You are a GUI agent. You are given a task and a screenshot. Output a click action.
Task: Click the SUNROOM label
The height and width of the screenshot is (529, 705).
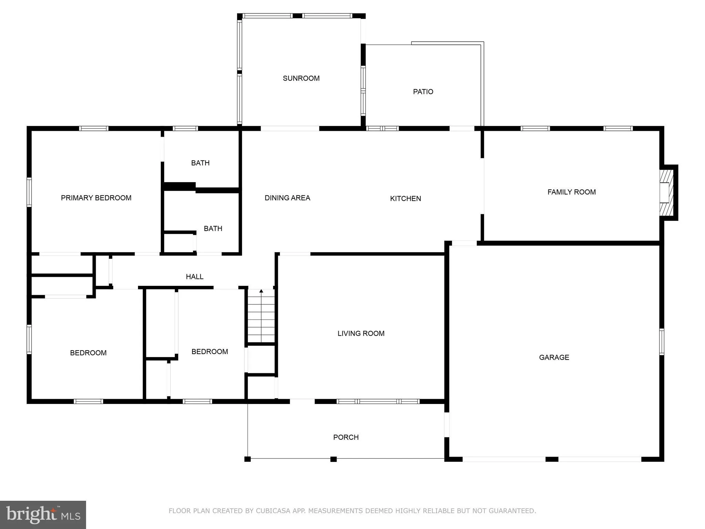point(301,78)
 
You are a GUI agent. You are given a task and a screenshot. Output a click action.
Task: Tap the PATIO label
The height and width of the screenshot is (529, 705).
point(423,92)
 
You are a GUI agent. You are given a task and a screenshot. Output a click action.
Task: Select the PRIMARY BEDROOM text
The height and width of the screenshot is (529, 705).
point(96,198)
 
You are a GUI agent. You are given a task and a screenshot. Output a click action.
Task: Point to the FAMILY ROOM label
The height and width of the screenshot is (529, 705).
point(571,192)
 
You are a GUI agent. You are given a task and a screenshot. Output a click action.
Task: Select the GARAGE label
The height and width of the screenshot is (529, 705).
point(554,357)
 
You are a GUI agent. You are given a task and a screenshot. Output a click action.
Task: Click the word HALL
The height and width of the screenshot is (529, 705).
point(194,277)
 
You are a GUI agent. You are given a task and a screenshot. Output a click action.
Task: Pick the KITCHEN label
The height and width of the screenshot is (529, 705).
point(405,198)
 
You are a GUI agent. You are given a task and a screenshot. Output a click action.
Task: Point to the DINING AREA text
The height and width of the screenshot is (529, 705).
point(287,198)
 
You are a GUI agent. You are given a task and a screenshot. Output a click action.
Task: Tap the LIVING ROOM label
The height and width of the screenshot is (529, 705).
point(361,333)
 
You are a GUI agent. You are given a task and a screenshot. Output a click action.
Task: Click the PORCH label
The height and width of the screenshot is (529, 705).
point(346,437)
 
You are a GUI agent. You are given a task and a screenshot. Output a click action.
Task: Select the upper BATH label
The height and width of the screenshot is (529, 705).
point(200,163)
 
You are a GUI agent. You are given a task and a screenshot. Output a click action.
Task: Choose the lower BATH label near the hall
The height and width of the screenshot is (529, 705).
point(213,228)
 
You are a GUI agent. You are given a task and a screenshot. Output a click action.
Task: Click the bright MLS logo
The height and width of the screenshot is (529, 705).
point(43,515)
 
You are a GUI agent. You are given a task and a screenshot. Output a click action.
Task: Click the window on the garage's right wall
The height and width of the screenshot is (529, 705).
point(662,342)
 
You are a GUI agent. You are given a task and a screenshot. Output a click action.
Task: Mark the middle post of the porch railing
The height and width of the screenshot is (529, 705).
point(333,459)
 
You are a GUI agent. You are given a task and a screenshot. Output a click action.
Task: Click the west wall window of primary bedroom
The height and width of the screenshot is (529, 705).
point(29,192)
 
